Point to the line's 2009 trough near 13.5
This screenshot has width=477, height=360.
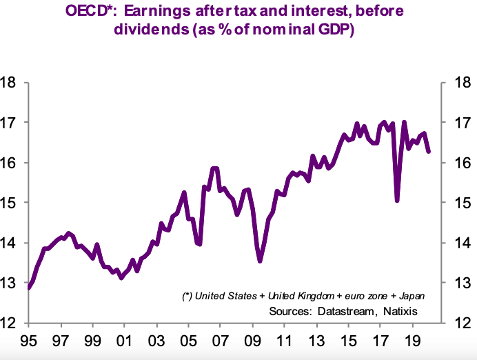click(x=260, y=261)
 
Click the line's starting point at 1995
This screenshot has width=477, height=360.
click(x=29, y=288)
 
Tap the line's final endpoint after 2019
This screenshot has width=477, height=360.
click(x=429, y=152)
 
